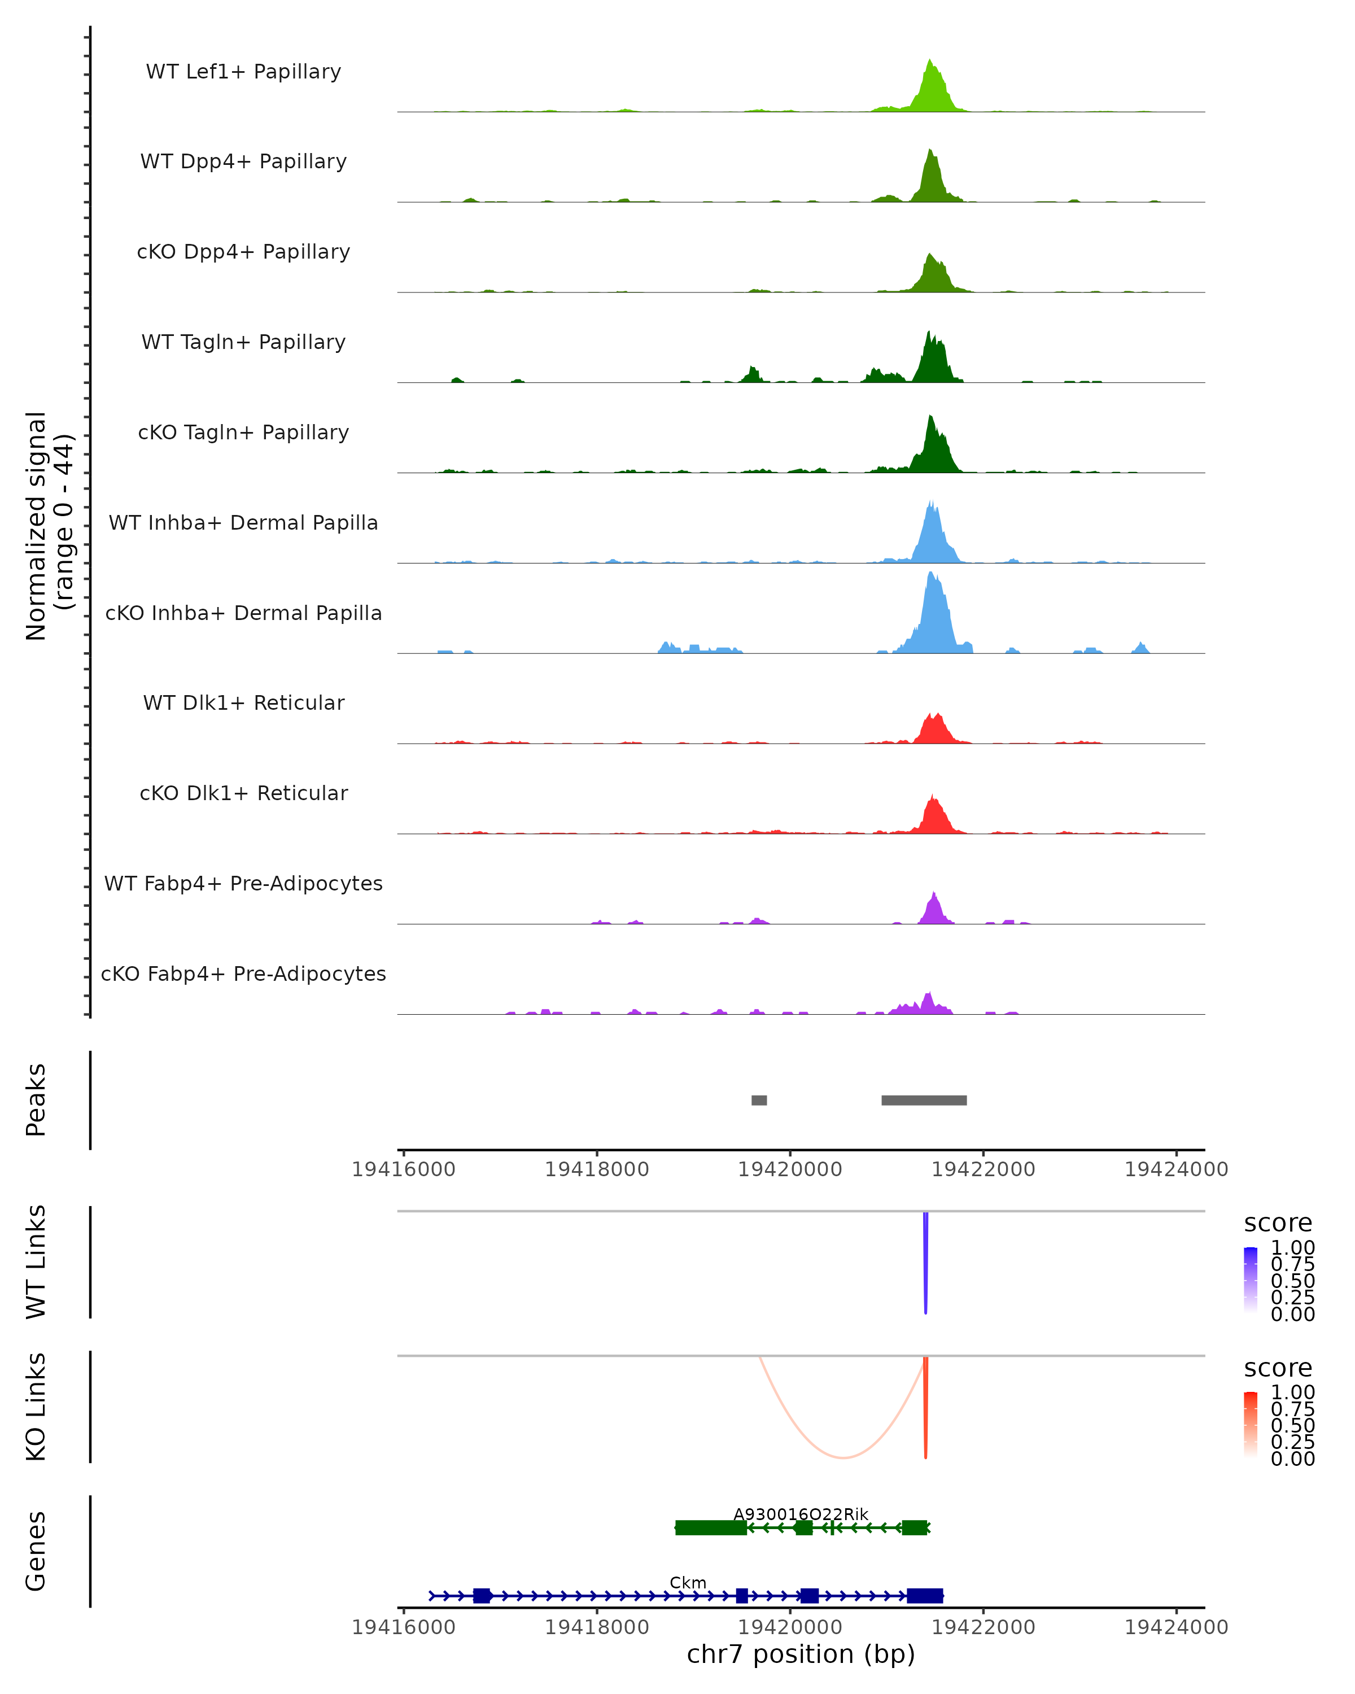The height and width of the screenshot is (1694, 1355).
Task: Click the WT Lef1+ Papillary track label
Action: [243, 72]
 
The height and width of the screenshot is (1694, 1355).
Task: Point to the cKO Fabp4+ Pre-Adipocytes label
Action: [243, 973]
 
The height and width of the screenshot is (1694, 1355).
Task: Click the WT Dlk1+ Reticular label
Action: [243, 702]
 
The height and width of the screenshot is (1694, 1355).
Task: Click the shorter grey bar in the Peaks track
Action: [759, 1100]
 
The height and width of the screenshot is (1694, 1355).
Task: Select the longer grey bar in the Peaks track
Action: [924, 1100]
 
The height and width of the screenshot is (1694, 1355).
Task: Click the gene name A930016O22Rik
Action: [801, 1514]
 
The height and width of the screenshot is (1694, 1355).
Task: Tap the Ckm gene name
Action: [688, 1582]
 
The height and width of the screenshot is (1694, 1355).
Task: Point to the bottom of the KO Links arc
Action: [843, 1457]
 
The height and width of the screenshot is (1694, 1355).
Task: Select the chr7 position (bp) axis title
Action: [801, 1654]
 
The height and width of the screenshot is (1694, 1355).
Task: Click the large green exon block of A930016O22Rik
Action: [711, 1527]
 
